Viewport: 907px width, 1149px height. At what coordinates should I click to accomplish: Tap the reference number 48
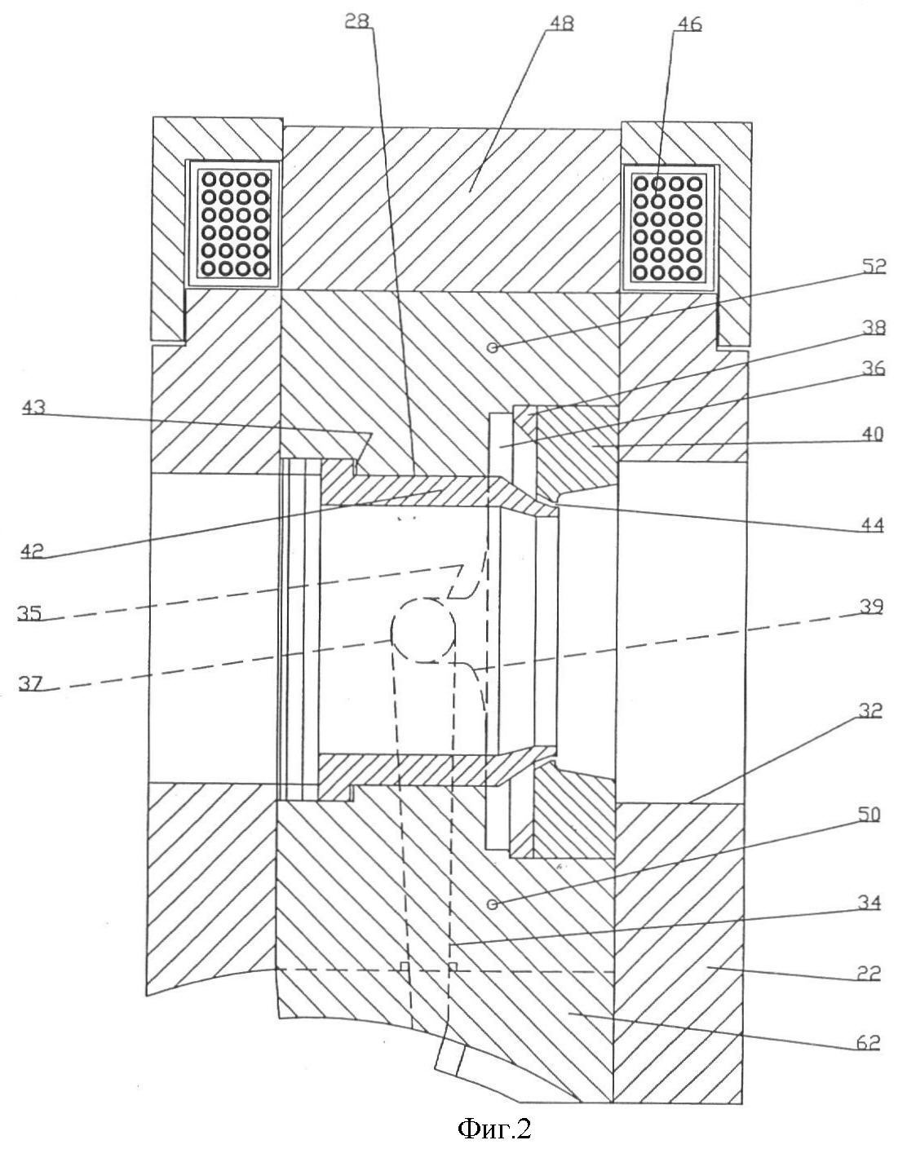click(559, 23)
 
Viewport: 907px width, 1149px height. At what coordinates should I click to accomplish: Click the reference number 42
click(33, 549)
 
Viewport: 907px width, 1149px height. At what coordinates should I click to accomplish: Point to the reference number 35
click(30, 613)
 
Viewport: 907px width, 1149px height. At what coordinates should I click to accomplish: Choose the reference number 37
click(30, 683)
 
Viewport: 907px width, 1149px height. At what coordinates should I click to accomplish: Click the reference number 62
click(868, 1041)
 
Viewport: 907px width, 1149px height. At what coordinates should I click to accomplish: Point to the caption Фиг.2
click(494, 1128)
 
